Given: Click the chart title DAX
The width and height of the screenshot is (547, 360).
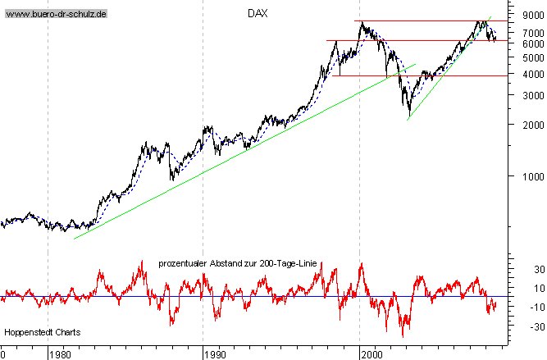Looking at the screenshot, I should point(258,14).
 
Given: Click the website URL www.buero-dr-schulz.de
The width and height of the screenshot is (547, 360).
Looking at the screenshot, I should point(56,15).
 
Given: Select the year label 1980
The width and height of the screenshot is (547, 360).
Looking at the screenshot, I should point(59,355).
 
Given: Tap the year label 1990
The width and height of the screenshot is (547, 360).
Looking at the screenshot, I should point(214,355).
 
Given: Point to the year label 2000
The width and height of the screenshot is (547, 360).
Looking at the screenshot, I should point(371,355).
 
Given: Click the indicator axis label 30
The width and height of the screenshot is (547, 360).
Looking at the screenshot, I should point(517,270).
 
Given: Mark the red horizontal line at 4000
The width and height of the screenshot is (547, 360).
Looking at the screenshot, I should point(426,75).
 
